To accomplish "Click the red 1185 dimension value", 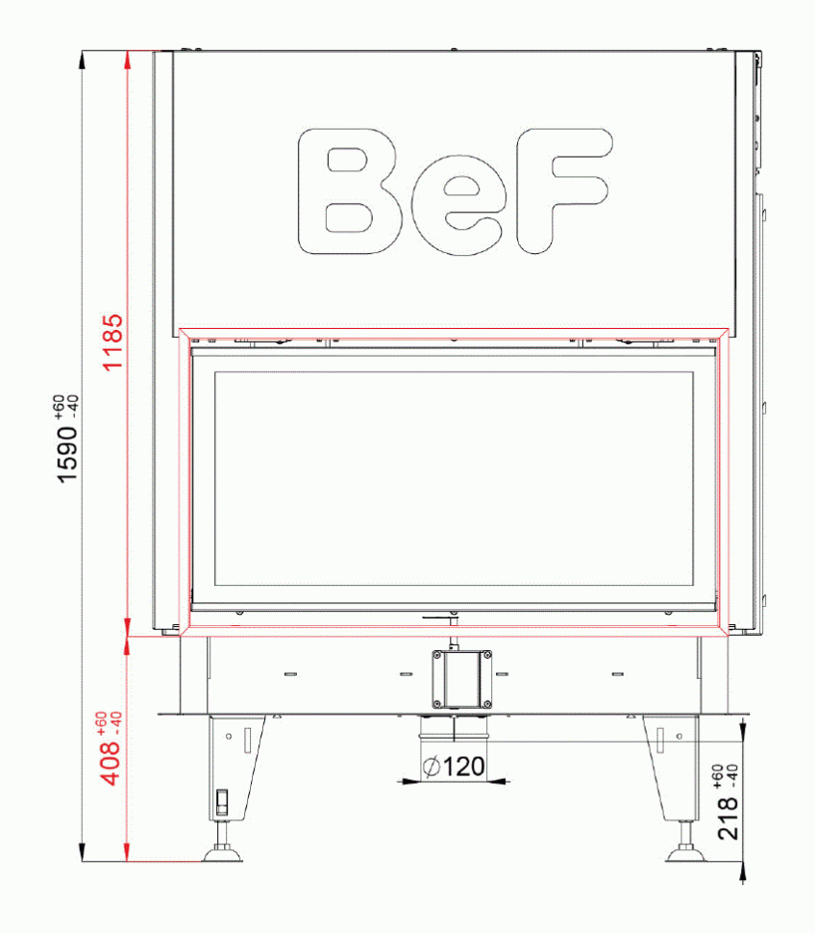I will [x=112, y=341].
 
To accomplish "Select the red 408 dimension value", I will [x=112, y=762].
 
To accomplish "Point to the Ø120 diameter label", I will [x=453, y=767].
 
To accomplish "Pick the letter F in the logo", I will [x=562, y=191].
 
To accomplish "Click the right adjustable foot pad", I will [x=686, y=852].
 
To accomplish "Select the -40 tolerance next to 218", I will [x=733, y=773].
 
